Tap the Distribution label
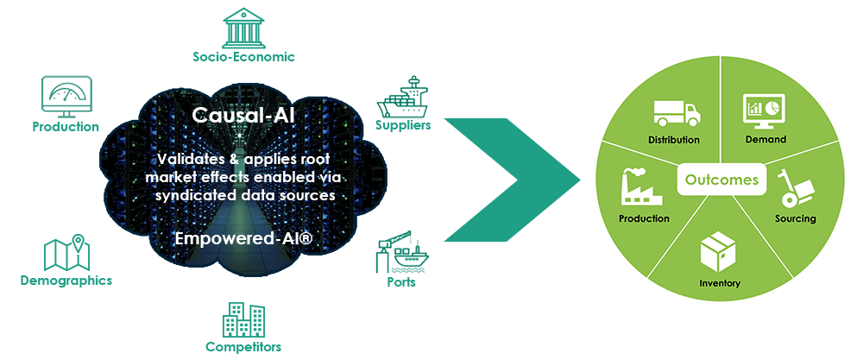click(673, 139)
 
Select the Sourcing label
click(795, 218)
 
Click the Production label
click(644, 218)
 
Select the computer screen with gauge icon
click(66, 99)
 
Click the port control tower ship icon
click(398, 99)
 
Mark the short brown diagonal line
click(459, 136)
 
